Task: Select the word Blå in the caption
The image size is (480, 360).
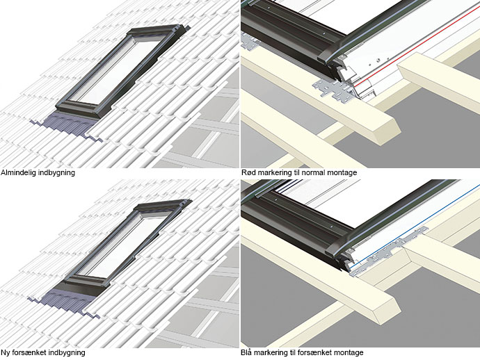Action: pyautogui.click(x=247, y=352)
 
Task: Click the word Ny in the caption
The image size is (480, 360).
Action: pyautogui.click(x=4, y=352)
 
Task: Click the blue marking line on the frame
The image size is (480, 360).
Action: pyautogui.click(x=415, y=225)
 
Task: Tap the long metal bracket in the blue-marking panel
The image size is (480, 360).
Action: pyautogui.click(x=389, y=251)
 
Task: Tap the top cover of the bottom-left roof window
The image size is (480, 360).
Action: pyautogui.click(x=161, y=206)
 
